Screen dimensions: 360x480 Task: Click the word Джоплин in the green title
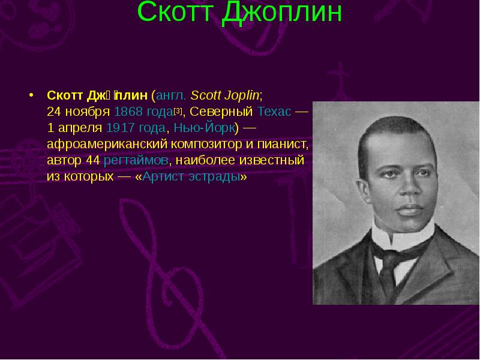(x=281, y=13)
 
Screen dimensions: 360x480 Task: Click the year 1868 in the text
(x=127, y=112)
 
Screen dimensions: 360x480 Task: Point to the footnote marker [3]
(x=178, y=110)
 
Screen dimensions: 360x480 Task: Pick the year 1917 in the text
(x=120, y=128)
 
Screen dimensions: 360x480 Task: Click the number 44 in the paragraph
(x=93, y=161)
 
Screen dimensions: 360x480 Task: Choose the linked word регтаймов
(x=136, y=161)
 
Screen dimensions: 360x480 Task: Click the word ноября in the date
(x=86, y=112)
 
